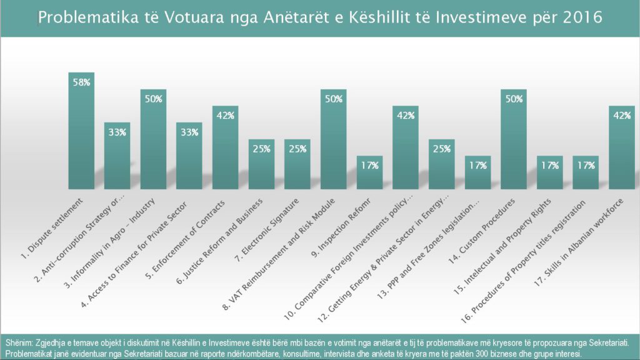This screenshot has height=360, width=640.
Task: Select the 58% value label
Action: coord(81,82)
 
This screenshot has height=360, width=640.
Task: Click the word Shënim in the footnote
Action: coord(21,343)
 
